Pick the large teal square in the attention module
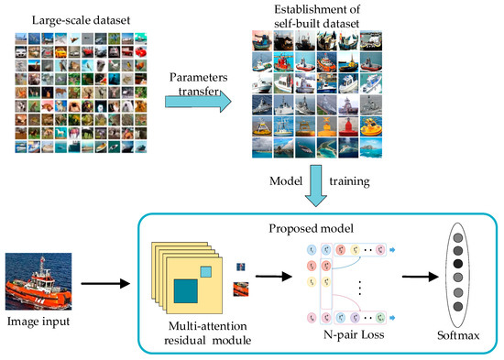pyautogui.click(x=192, y=294)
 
